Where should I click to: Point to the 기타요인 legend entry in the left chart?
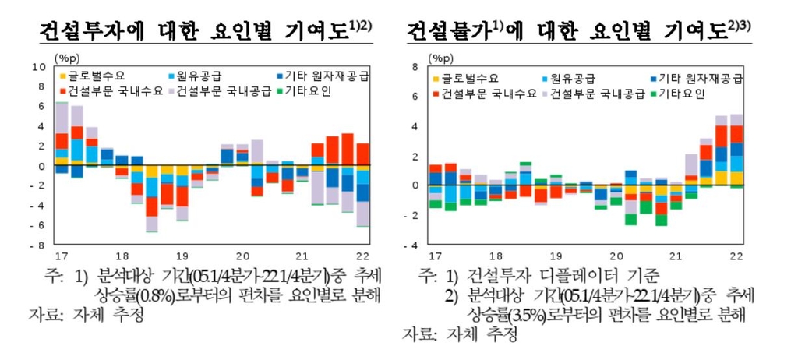click(311, 92)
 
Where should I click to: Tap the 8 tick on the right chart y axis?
click(415, 67)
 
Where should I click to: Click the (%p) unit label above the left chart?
click(66, 57)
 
